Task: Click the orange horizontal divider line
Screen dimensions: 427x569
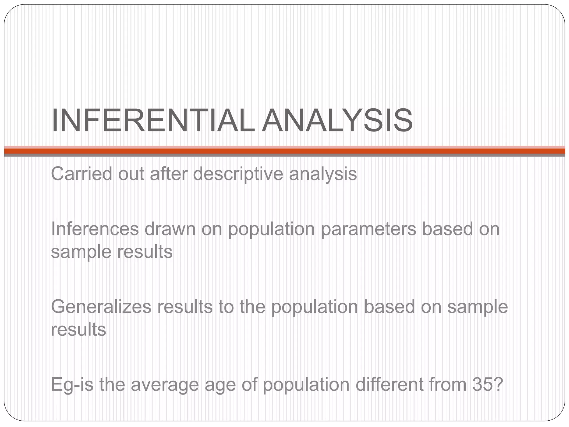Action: (284, 151)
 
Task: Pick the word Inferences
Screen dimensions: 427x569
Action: (95, 229)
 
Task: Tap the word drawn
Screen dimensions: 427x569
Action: (170, 229)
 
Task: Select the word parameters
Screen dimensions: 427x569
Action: (368, 230)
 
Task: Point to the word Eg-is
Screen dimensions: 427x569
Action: (72, 385)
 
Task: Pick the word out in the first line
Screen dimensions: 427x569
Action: (131, 174)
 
